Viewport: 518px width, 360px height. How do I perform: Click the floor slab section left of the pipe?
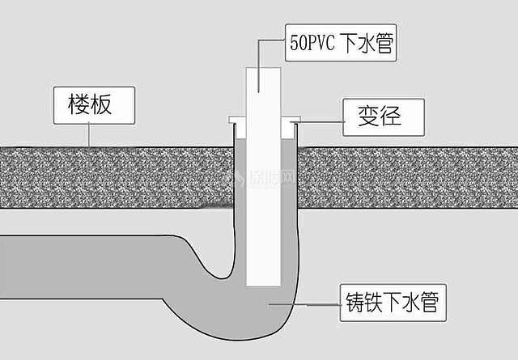click(113, 178)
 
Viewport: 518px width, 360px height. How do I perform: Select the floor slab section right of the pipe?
click(405, 178)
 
